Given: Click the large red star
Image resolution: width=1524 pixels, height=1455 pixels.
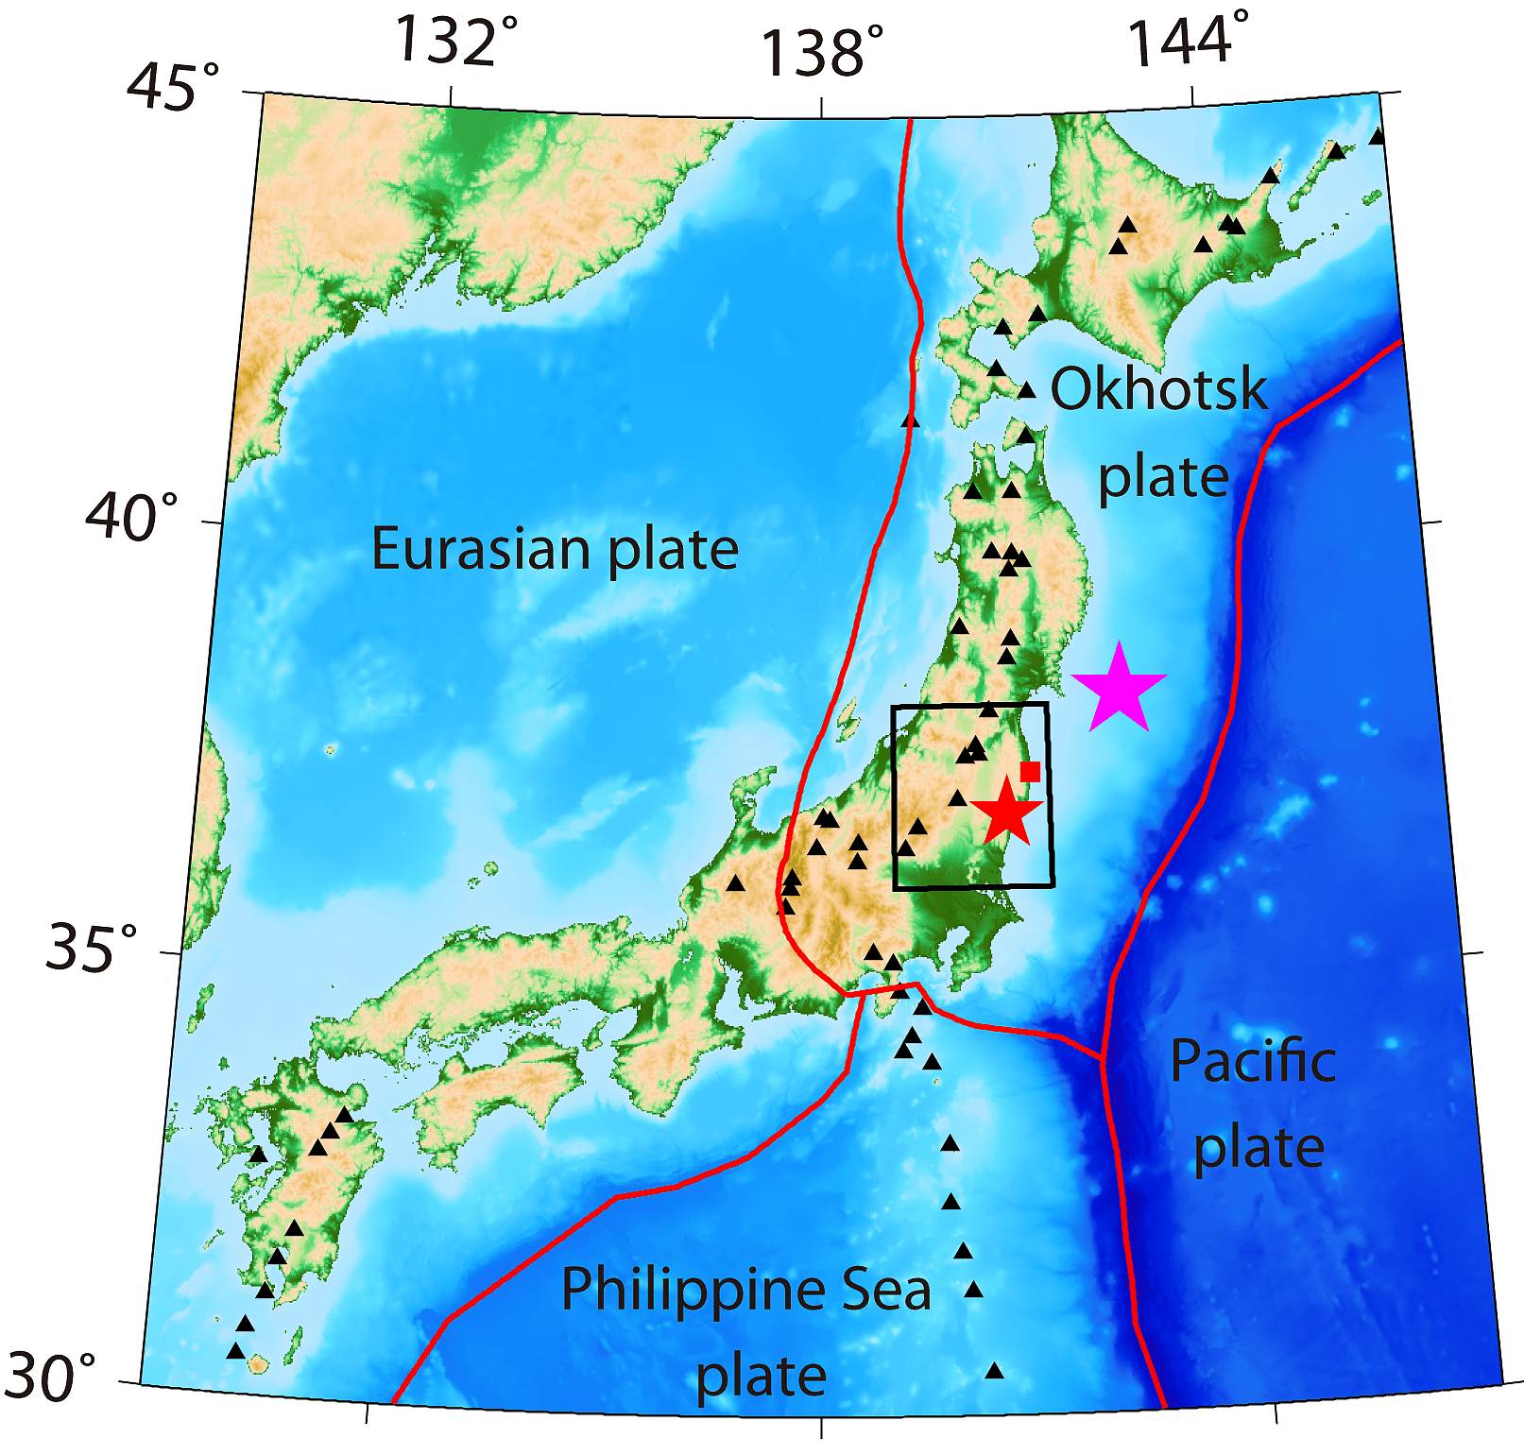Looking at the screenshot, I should point(1007,812).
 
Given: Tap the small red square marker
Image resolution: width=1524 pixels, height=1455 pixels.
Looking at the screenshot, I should point(1031,772).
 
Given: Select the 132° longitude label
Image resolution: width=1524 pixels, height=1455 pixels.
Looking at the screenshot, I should point(455,41).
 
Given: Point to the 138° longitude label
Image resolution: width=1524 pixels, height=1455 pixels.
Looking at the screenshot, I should point(822,51).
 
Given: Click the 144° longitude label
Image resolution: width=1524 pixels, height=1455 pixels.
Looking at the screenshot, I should point(1189,41).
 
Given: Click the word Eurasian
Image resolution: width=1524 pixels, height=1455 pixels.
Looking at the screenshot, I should point(485,549).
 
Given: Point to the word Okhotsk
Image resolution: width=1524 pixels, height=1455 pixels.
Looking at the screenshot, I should point(1158,389).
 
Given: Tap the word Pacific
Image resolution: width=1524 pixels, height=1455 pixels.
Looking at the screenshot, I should point(1253,1061).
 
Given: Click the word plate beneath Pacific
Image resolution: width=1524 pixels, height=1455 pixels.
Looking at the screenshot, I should point(1259,1148).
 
